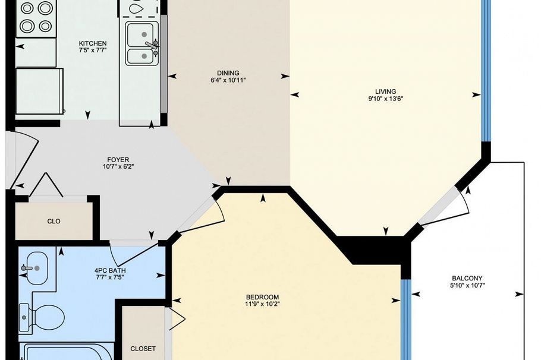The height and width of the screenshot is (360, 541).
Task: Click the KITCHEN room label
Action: tap(93, 43)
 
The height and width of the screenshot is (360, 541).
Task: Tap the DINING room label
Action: tap(228, 72)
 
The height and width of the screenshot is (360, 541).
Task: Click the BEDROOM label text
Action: tap(262, 297)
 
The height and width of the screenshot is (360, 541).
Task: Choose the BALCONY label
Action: tap(467, 278)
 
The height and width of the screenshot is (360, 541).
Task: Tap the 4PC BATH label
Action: tap(110, 270)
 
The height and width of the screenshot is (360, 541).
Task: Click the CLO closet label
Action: tap(54, 221)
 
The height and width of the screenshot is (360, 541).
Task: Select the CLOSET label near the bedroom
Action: tap(143, 349)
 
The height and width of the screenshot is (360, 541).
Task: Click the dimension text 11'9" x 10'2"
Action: tap(262, 304)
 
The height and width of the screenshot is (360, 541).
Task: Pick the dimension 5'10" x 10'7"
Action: tap(467, 286)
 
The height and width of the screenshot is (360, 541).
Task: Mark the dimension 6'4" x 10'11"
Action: tap(228, 80)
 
